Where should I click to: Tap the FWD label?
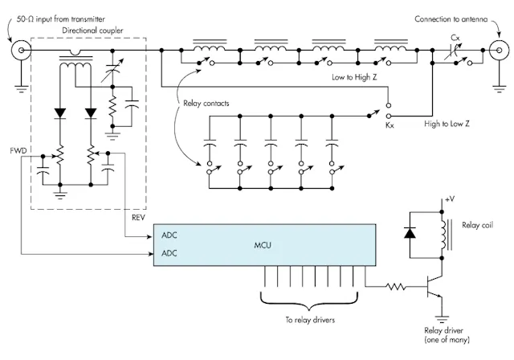(16, 150)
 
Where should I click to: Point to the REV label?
(139, 216)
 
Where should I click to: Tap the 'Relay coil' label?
(480, 225)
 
